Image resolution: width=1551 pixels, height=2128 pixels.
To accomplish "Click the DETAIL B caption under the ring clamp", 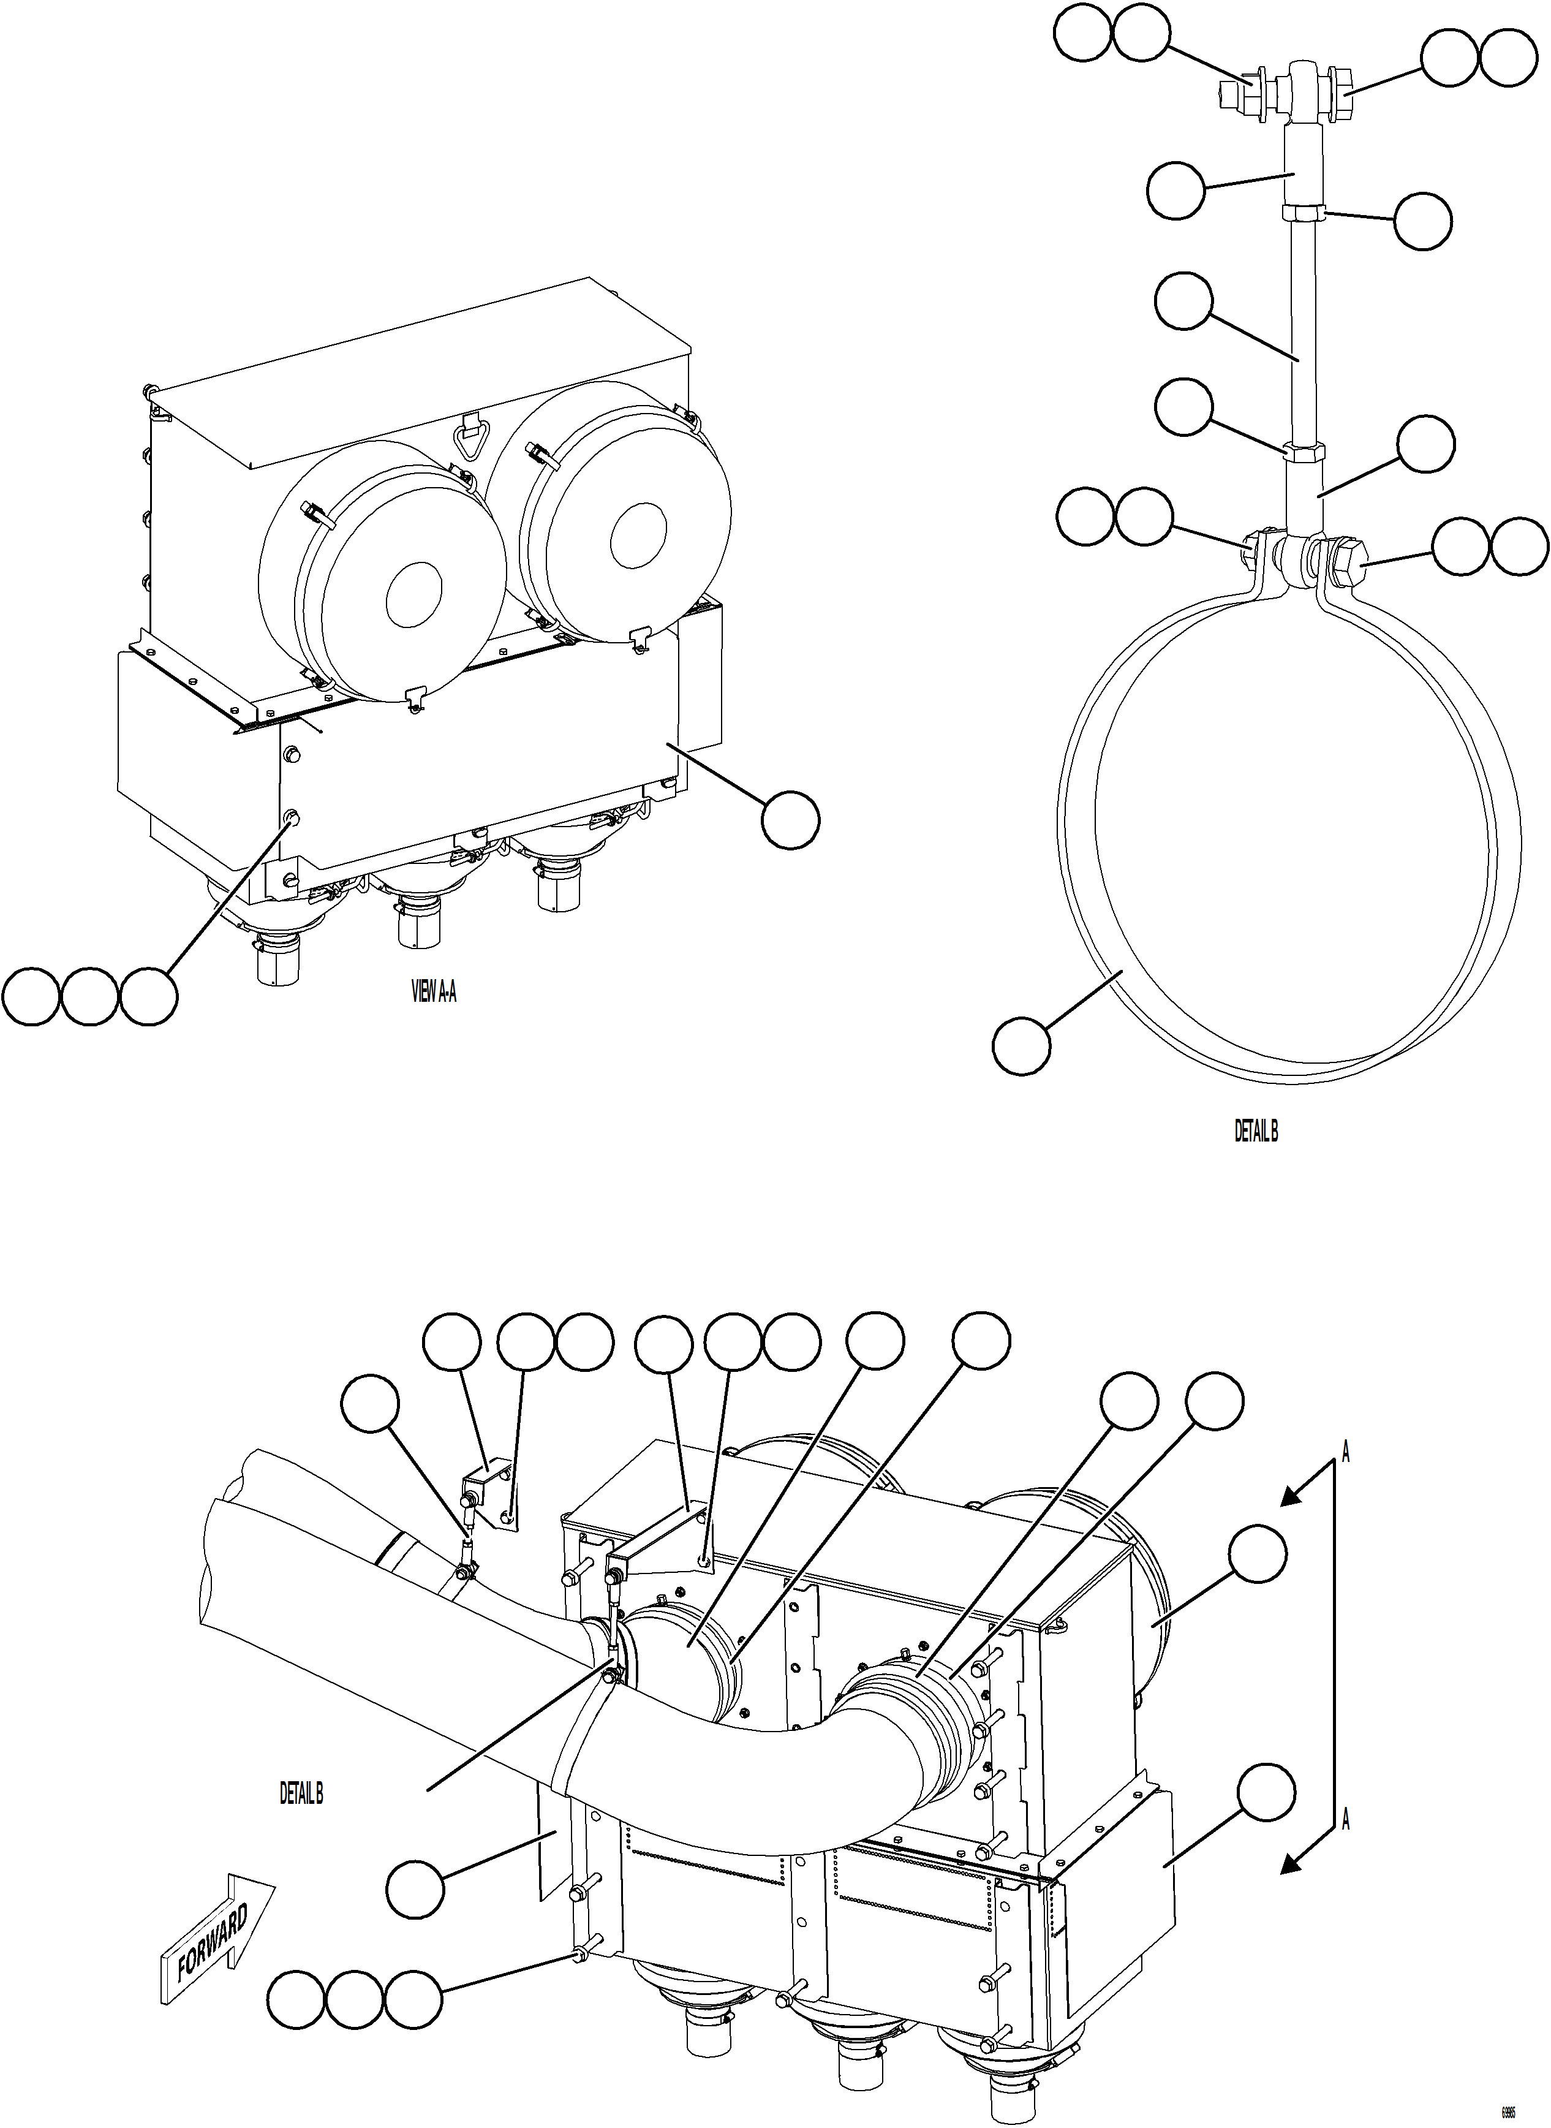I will (x=1255, y=1132).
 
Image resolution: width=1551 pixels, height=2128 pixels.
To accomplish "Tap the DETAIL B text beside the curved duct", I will (x=301, y=1793).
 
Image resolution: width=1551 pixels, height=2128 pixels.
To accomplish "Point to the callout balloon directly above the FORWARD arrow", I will (x=415, y=1888).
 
